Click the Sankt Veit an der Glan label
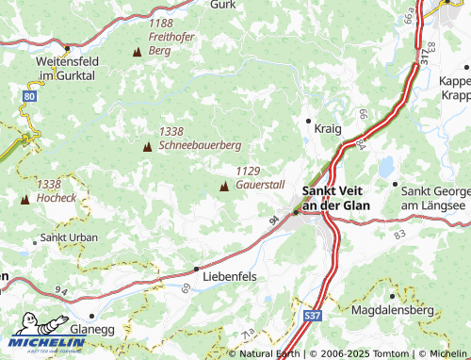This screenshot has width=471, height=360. click(334, 196)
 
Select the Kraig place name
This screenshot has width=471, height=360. click(329, 126)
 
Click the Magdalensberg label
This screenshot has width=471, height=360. click(389, 309)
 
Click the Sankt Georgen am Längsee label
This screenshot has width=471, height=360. click(433, 197)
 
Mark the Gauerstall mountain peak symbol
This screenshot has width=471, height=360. click(223, 187)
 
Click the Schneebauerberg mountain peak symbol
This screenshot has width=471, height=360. click(147, 146)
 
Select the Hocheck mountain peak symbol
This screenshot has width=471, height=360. click(24, 199)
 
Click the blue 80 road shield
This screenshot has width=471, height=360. click(31, 95)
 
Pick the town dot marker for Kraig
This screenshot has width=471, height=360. click(308, 121)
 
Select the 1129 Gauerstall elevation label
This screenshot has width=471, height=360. click(255, 177)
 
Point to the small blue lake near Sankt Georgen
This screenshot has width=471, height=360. click(387, 167)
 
